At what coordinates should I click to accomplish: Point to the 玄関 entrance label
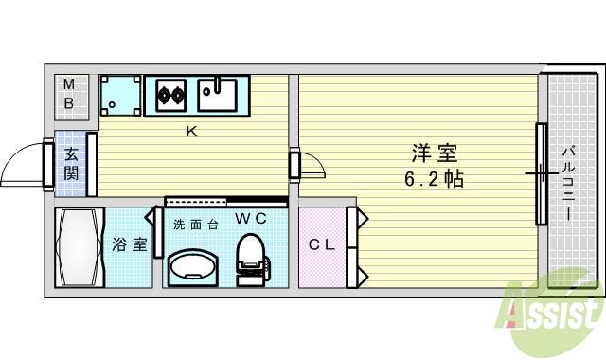coord(72,162)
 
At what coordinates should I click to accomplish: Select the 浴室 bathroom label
coord(130,244)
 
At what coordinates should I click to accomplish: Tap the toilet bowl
coord(249,254)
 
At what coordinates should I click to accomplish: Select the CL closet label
coord(322,244)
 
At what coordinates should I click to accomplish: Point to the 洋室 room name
coord(435,152)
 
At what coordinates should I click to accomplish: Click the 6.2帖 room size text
coord(433,178)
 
